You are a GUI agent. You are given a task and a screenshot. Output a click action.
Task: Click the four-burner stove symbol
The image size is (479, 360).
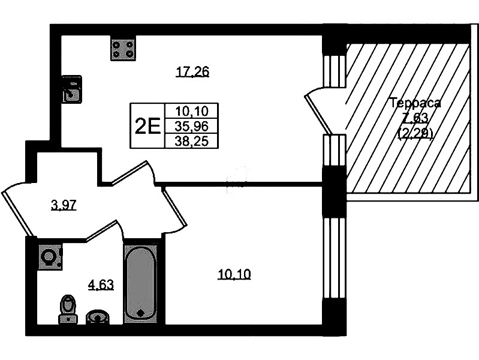[x=123, y=50]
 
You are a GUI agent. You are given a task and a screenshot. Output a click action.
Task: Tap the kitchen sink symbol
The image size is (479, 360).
[x=72, y=89]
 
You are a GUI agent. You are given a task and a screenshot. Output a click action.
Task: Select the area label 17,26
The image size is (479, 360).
[x=192, y=72]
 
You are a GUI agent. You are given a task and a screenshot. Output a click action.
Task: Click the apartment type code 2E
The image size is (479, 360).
[x=147, y=127]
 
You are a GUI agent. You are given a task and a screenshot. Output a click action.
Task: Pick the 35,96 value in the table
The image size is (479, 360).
[x=191, y=126]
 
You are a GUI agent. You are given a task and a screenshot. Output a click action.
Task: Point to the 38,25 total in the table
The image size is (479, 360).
[x=191, y=141]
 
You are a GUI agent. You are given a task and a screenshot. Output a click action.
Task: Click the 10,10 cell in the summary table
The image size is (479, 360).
[x=191, y=111]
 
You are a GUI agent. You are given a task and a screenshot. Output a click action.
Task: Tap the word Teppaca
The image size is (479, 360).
[x=415, y=103]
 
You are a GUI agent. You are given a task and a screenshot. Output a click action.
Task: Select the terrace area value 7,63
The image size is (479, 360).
[x=415, y=116]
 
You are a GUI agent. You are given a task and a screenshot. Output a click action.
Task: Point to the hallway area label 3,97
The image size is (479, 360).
[x=64, y=205]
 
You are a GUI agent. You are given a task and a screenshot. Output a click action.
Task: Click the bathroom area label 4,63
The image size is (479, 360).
[x=101, y=285]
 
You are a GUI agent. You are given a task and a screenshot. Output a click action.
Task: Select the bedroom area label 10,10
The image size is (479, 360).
[x=234, y=274]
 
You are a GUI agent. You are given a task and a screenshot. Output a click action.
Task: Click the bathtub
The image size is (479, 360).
[x=140, y=284]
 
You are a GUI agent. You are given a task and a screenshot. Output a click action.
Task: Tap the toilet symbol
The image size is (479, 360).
[x=68, y=309]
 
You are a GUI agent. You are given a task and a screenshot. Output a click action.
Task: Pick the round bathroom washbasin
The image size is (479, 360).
[x=98, y=317]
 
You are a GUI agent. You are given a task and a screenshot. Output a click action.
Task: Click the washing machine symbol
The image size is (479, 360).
[x=50, y=257]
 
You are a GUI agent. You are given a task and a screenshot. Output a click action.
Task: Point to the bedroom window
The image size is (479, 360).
[x=335, y=258]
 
